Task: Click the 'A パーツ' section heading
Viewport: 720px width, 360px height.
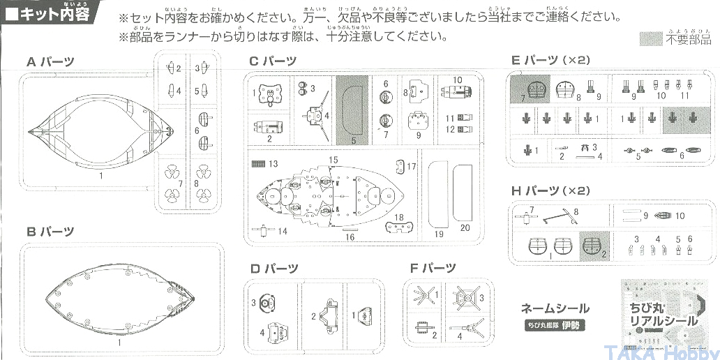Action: point(50,62)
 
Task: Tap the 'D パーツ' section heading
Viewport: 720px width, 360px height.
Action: point(274,269)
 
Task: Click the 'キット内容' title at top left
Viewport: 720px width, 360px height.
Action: point(47,13)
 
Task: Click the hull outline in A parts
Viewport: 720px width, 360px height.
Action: point(101,131)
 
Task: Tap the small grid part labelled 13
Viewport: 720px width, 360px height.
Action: point(257,164)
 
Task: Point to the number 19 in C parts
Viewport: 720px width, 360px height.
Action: point(439,234)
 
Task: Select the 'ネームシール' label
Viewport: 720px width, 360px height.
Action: point(555,308)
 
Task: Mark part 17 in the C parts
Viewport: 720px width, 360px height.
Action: point(400,166)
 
